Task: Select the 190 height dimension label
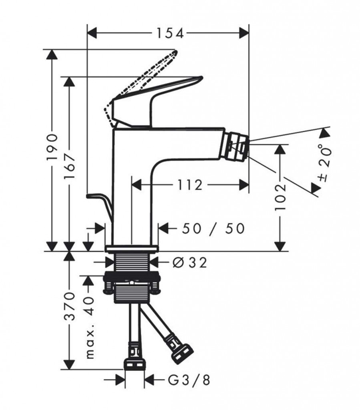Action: [52, 147]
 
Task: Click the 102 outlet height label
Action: [281, 197]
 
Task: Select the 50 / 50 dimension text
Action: [213, 228]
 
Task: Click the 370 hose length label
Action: [70, 306]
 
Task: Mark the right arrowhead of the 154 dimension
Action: [244, 32]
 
